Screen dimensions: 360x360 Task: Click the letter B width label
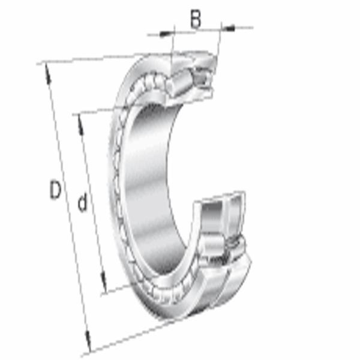point(196,19)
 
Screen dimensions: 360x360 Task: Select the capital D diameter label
point(55,190)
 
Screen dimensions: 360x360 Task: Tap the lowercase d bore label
point(82,202)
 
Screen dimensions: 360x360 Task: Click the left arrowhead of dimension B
point(166,34)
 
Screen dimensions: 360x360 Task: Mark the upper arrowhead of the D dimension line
point(47,73)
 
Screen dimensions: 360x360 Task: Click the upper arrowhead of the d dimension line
point(80,125)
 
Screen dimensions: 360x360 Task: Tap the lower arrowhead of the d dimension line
point(104,283)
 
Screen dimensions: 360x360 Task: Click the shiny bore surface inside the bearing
point(149,184)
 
